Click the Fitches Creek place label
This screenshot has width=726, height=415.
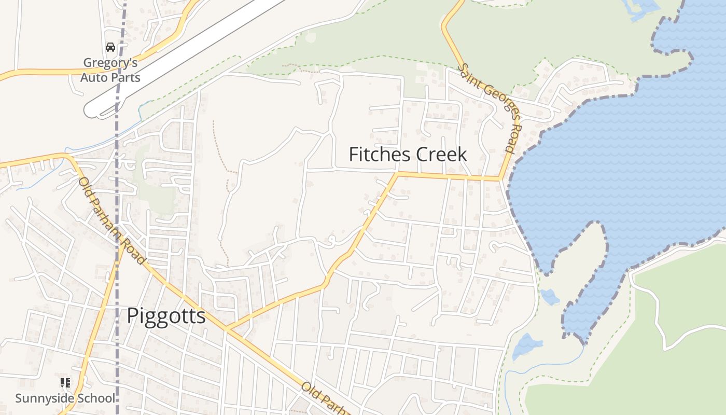(408, 155)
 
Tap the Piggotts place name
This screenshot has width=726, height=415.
(166, 315)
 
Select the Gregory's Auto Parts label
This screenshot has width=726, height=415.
(110, 70)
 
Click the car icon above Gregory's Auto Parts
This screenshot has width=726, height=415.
(110, 47)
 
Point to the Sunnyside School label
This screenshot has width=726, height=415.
(65, 398)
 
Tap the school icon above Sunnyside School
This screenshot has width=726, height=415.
(65, 383)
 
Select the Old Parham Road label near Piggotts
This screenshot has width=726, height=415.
(111, 220)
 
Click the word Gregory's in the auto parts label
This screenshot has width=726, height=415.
(110, 63)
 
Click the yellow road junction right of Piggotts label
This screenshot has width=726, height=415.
(226, 329)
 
